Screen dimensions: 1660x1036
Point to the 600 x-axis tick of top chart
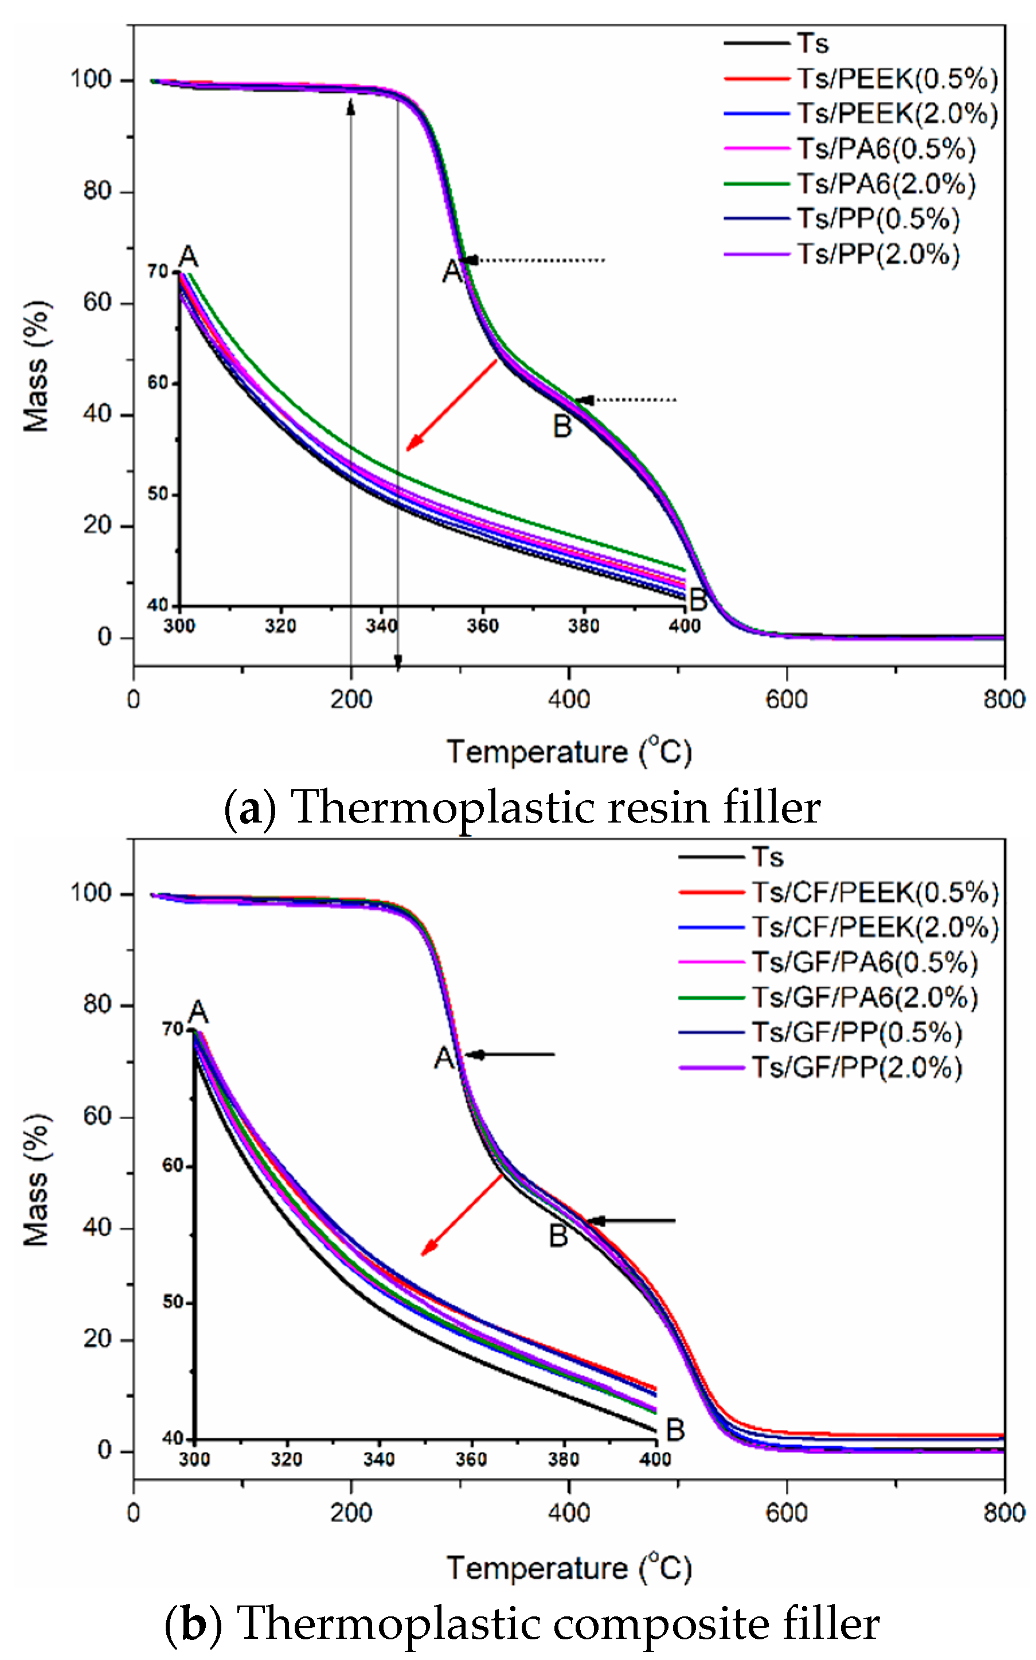pyautogui.click(x=787, y=700)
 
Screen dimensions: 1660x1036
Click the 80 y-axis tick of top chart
pyautogui.click(x=97, y=191)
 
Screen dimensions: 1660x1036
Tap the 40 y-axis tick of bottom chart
pyautogui.click(x=97, y=1228)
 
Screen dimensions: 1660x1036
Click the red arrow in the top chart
pyautogui.click(x=452, y=405)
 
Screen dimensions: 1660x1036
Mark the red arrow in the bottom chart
pyautogui.click(x=462, y=1216)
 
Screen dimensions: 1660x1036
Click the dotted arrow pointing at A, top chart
pyautogui.click(x=534, y=260)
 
